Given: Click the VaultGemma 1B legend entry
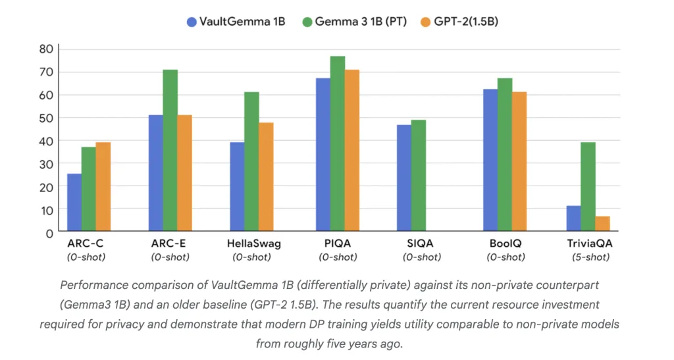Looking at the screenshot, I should coord(236,22).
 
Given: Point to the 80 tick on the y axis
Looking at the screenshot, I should coord(45,49).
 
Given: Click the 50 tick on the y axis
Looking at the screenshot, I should coord(45,118).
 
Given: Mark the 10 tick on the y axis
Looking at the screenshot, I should coord(45,209).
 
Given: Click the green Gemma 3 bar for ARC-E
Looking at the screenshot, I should coord(170,151).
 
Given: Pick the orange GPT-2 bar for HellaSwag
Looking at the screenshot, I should coord(266,177).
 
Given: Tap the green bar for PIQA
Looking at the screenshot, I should coord(338,144).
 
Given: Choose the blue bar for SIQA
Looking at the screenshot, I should coord(404,178).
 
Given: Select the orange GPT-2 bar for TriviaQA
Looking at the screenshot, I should coord(602,224).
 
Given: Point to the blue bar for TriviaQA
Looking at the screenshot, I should coord(574,219).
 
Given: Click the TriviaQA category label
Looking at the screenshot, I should coord(588,244).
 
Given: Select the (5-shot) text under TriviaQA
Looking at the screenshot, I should coord(588,257).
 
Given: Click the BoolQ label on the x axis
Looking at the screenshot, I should coord(505,244).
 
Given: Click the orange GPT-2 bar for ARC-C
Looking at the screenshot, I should coord(103,187).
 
